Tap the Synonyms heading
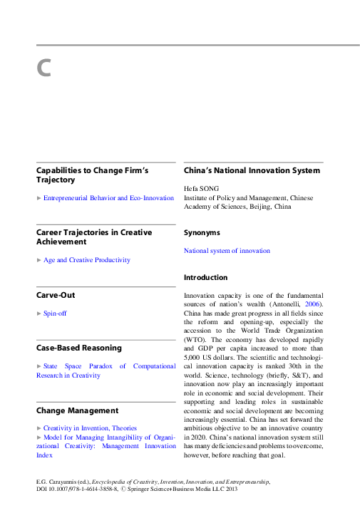click(x=202, y=233)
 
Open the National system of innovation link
click(x=227, y=251)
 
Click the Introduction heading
click(x=205, y=277)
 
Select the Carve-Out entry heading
click(x=56, y=295)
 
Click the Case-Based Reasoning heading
click(x=78, y=348)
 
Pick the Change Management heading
click(x=77, y=410)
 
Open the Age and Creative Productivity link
click(x=87, y=260)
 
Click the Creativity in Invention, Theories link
click(x=90, y=428)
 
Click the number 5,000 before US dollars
click(x=195, y=358)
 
